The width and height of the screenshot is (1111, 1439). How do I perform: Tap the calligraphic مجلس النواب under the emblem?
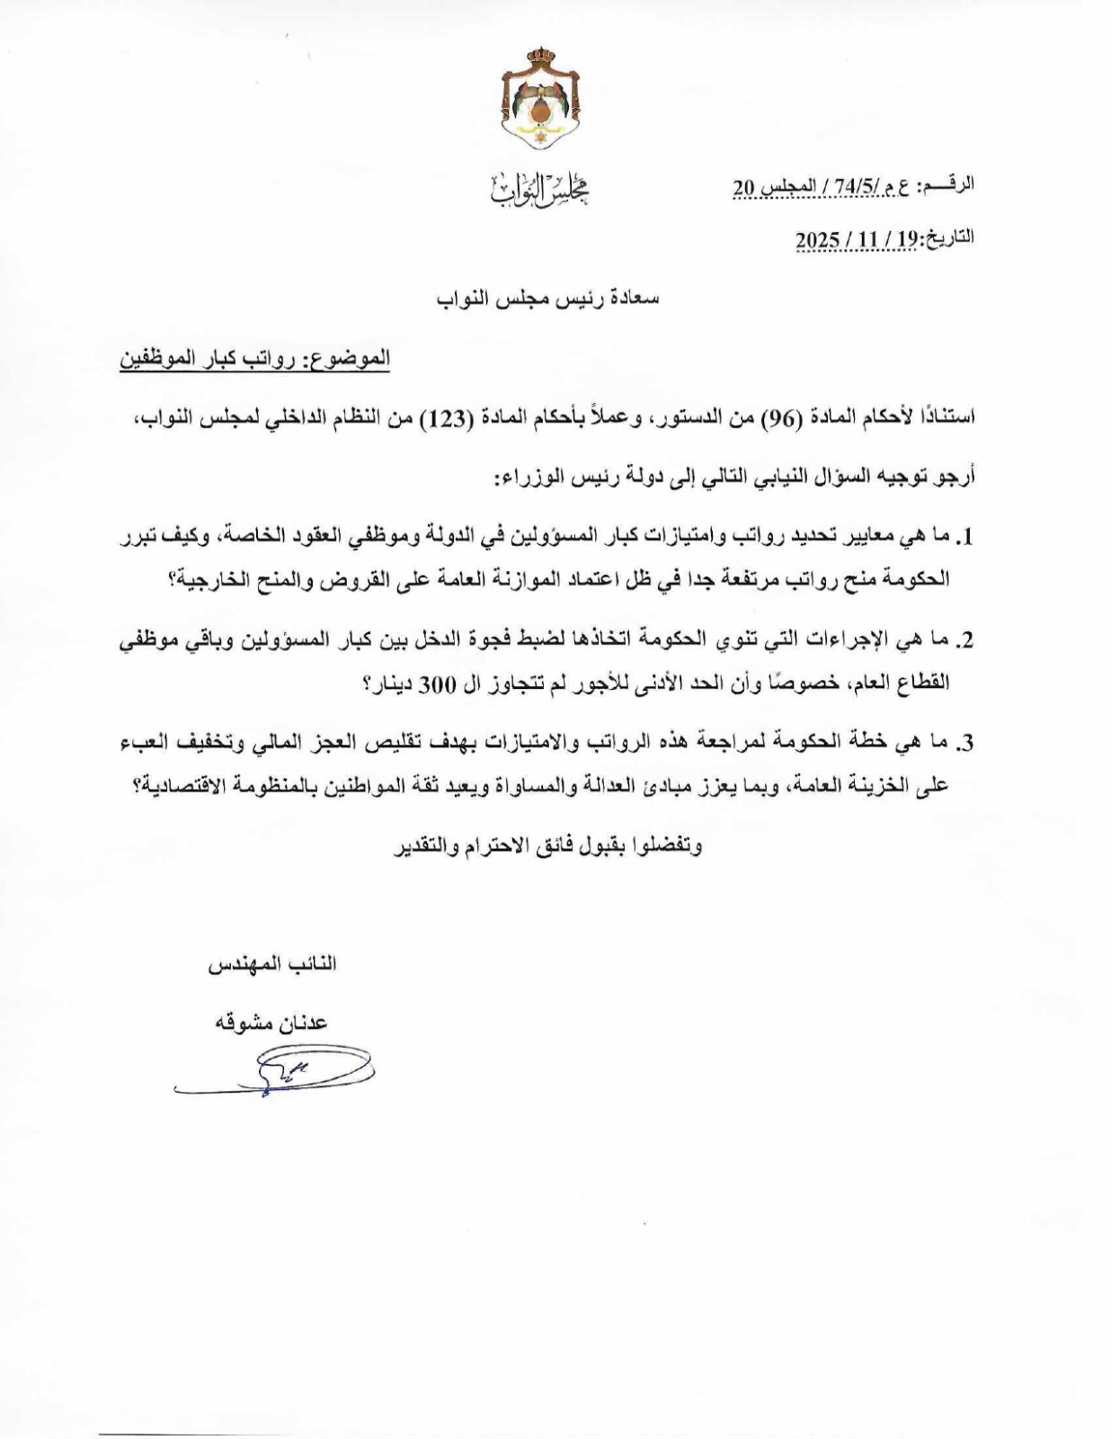pos(540,188)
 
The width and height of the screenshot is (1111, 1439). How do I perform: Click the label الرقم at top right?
pos(953,185)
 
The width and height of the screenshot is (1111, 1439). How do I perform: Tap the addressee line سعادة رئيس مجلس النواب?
pos(547,298)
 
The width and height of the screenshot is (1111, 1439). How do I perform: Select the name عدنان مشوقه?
pos(270,1023)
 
